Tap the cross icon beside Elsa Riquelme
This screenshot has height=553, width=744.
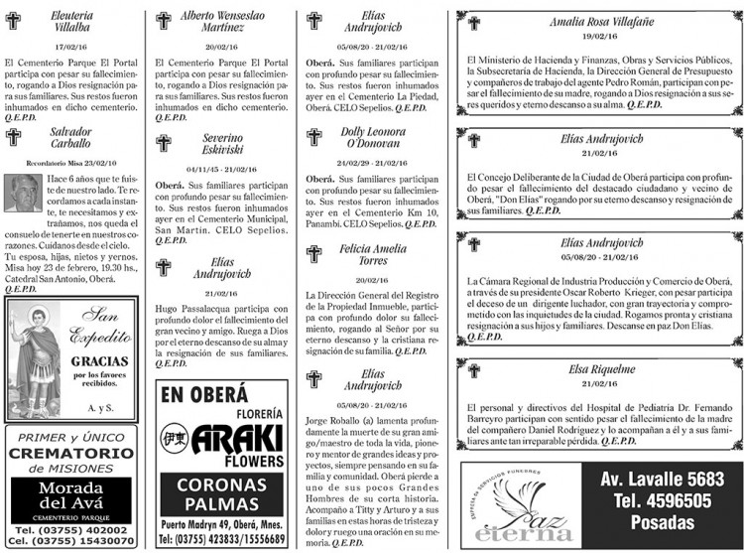474,368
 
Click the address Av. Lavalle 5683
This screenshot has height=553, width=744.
663,479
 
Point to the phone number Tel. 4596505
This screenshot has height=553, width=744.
663,501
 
